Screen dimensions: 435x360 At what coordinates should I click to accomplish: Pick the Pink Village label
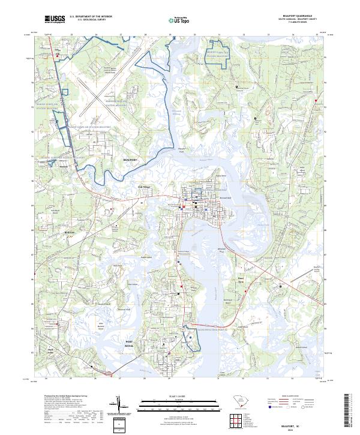click(146, 187)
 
